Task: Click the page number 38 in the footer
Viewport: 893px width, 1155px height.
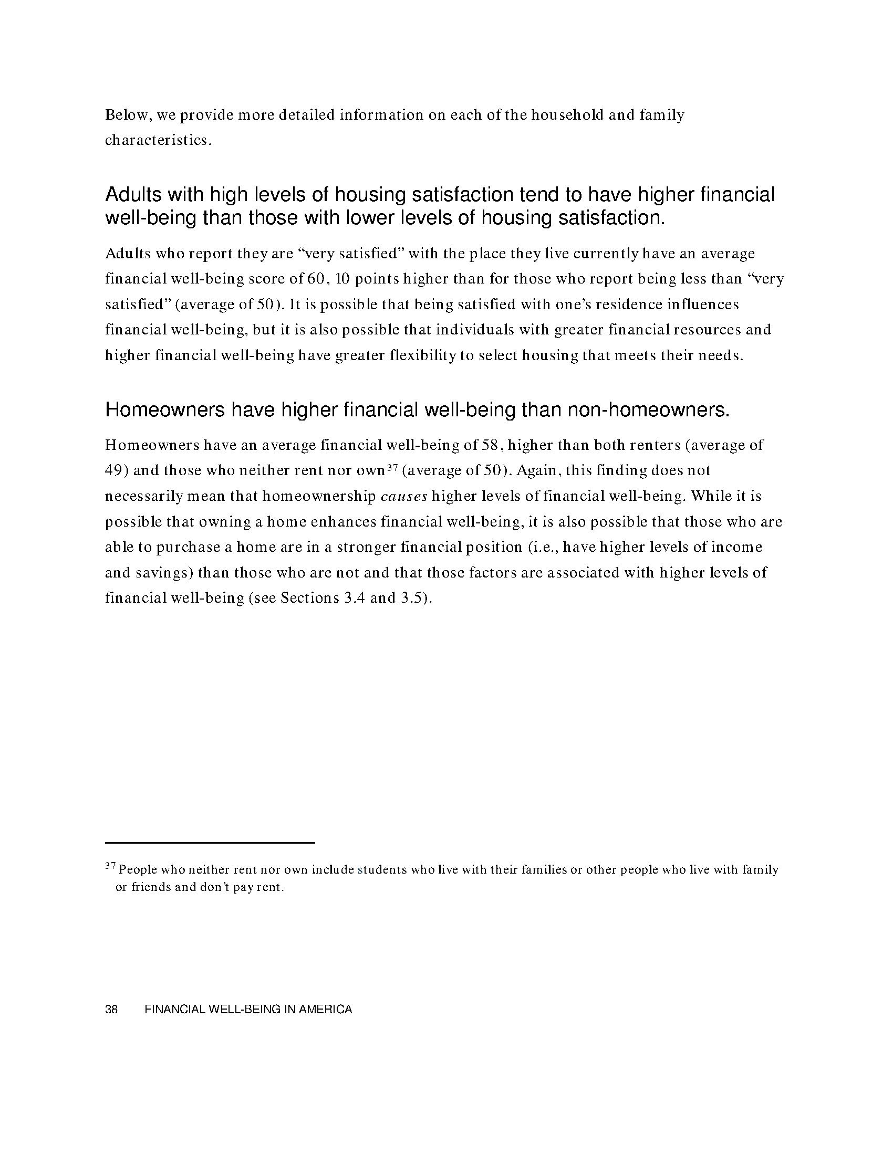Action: pyautogui.click(x=111, y=1009)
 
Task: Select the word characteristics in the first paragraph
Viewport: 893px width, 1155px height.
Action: pyautogui.click(x=158, y=141)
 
